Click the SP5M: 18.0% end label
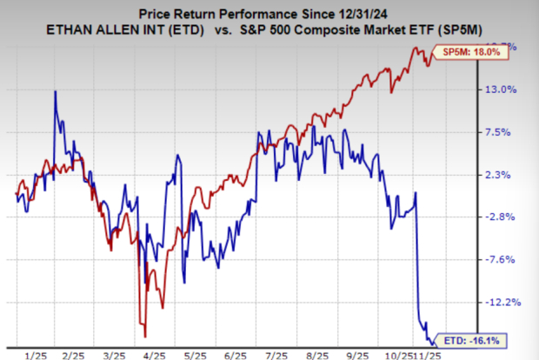[470, 51]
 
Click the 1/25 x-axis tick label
[36, 355]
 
